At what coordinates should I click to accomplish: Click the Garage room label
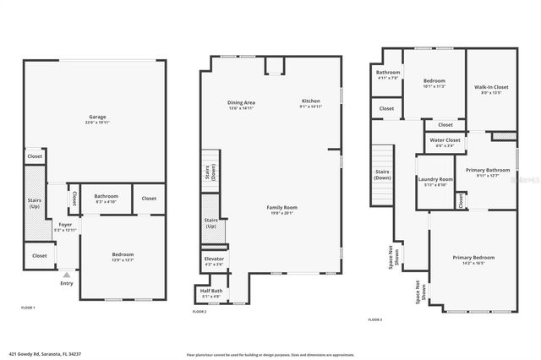click(x=97, y=117)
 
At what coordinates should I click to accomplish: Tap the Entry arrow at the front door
click(x=66, y=275)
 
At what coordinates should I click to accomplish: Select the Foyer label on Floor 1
click(x=65, y=225)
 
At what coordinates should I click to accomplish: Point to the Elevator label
click(x=214, y=259)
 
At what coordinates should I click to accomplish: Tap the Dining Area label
click(x=242, y=102)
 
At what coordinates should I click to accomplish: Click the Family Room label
click(x=283, y=207)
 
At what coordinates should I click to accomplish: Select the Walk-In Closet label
click(x=490, y=87)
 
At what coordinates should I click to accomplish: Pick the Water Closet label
click(x=444, y=139)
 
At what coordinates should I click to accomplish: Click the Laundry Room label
click(x=435, y=179)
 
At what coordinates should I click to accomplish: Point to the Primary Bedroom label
click(x=473, y=257)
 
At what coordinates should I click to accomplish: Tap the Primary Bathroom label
click(x=493, y=170)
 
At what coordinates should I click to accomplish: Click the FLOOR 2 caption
click(x=199, y=313)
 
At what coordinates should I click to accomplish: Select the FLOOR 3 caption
click(x=374, y=319)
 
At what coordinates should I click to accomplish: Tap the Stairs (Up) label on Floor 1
click(x=35, y=203)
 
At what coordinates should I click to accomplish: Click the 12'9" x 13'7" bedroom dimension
click(x=123, y=259)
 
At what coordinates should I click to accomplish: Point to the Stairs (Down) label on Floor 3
click(x=382, y=175)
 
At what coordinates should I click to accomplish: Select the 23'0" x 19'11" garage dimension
click(x=97, y=122)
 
